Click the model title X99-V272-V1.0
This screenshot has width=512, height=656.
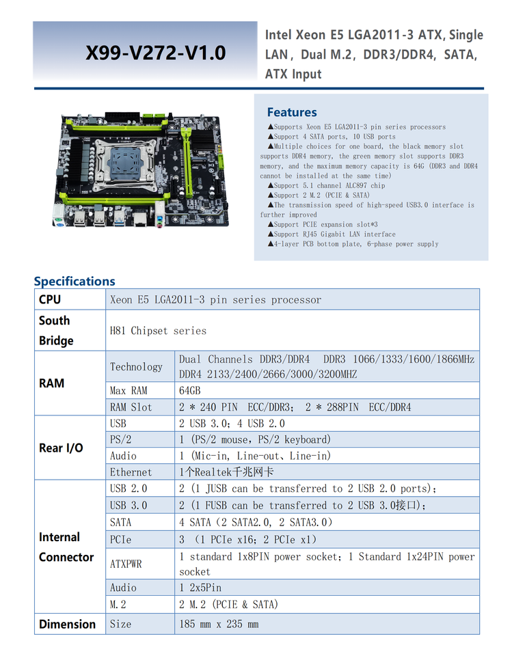click(x=155, y=53)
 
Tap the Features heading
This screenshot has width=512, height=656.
click(x=292, y=112)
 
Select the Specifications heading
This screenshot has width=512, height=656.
click(x=75, y=281)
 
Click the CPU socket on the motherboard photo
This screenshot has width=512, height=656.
click(x=125, y=163)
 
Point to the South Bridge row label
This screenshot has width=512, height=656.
click(x=55, y=330)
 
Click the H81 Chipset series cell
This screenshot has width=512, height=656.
click(x=159, y=331)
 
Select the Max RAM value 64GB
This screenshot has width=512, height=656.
click(x=190, y=391)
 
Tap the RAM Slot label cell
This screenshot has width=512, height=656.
click(x=131, y=407)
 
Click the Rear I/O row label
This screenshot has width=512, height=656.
click(x=61, y=448)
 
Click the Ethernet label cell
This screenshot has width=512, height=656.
click(x=131, y=472)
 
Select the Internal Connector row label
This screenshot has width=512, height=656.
click(x=66, y=547)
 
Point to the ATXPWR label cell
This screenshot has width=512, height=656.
click(x=126, y=564)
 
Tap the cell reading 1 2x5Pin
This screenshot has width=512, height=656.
click(x=201, y=588)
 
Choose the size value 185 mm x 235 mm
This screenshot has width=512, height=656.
click(x=219, y=624)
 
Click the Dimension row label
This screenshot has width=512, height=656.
click(x=67, y=624)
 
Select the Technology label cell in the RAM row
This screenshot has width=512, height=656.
click(x=136, y=366)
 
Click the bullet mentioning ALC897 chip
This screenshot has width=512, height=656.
click(x=329, y=185)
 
